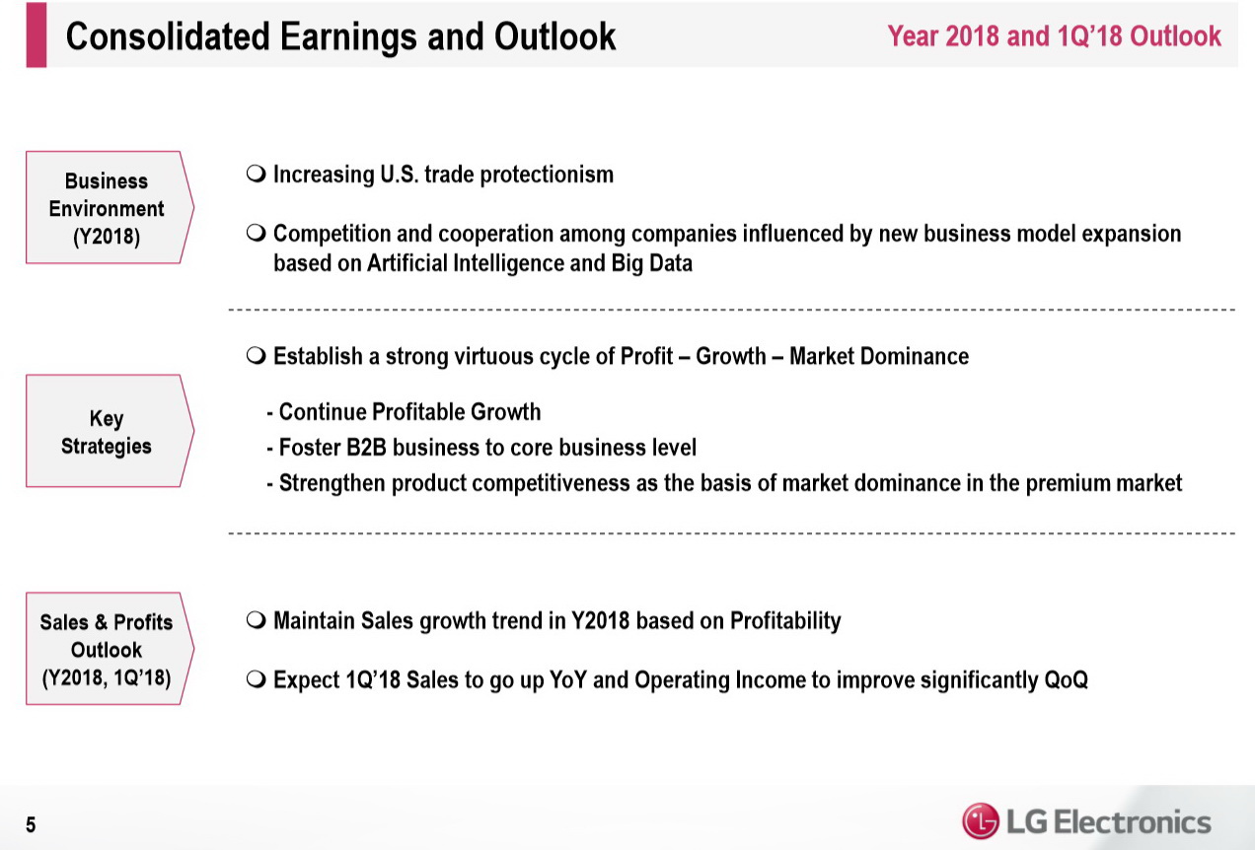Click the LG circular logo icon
coord(981,821)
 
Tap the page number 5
coord(31,824)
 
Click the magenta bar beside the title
coord(37,35)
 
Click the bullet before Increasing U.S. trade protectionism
coord(256,175)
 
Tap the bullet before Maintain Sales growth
coord(256,620)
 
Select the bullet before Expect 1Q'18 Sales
coord(256,679)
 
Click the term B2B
coord(366,448)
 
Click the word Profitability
coord(785,621)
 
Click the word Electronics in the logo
coord(1133,822)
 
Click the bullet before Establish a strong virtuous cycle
coord(256,356)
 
